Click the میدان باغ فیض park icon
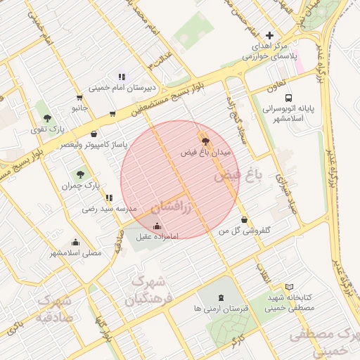205,141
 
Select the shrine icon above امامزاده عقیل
157,226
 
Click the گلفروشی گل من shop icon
244,220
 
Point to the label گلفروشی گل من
244,231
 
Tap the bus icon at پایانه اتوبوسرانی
289,98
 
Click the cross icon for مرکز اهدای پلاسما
270,35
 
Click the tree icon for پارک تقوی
47,118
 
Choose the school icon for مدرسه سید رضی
108,198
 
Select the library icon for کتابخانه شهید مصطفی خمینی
271,297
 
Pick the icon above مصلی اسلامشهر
75,242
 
